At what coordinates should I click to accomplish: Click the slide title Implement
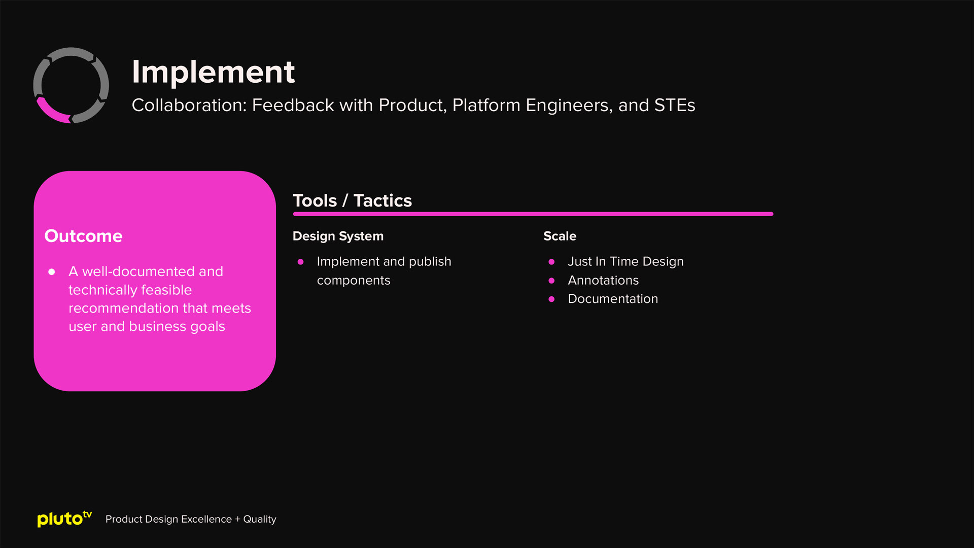point(213,72)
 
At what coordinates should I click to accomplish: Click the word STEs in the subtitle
point(675,105)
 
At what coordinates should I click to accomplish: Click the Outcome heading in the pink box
point(83,236)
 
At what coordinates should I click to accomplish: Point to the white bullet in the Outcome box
point(51,272)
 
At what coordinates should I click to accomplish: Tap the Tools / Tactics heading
point(352,200)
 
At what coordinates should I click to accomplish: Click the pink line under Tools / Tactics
point(533,214)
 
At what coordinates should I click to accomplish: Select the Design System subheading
point(338,236)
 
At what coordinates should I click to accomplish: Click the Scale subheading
point(560,236)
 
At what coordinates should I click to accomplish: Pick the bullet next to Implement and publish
point(300,262)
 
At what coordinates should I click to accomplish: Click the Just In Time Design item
point(625,261)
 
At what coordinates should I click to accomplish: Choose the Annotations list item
point(603,280)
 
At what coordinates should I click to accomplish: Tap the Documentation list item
point(613,299)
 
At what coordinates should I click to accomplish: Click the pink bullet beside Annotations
point(551,281)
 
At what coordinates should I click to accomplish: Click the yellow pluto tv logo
point(64,519)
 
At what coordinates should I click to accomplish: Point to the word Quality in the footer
point(260,519)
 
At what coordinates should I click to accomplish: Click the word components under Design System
point(354,281)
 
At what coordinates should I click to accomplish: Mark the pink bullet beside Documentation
point(551,299)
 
